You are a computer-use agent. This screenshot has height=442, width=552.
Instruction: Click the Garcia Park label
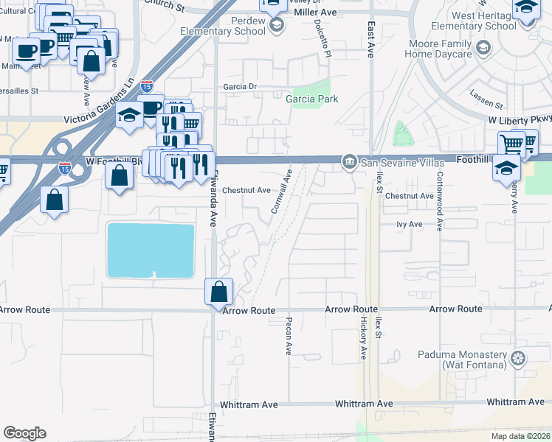click(312, 99)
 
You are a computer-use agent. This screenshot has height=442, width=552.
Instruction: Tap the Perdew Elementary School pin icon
click(277, 27)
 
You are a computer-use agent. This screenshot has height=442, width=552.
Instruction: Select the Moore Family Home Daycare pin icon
click(483, 49)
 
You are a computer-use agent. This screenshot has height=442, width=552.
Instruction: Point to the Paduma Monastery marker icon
click(519, 359)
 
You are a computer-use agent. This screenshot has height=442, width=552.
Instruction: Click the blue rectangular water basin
click(151, 250)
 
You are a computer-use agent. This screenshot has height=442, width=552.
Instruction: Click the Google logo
click(24, 433)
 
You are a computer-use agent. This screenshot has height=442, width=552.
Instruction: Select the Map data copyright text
click(521, 436)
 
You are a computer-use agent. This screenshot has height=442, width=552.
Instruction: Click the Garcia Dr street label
click(240, 86)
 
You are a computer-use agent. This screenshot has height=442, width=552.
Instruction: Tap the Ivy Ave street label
click(409, 224)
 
